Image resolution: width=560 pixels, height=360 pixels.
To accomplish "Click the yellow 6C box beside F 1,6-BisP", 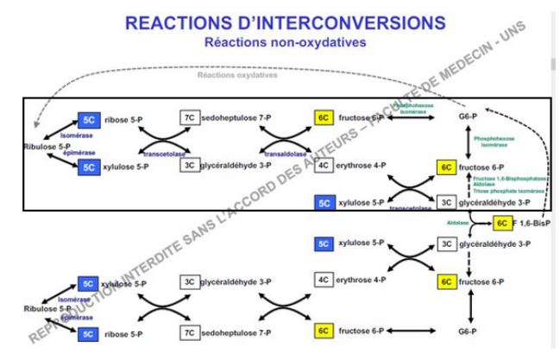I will coord(503,224).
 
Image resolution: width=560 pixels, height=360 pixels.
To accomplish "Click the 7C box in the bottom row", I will coord(188,331).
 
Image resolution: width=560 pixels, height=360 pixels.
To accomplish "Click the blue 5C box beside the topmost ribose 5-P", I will coord(90,119).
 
